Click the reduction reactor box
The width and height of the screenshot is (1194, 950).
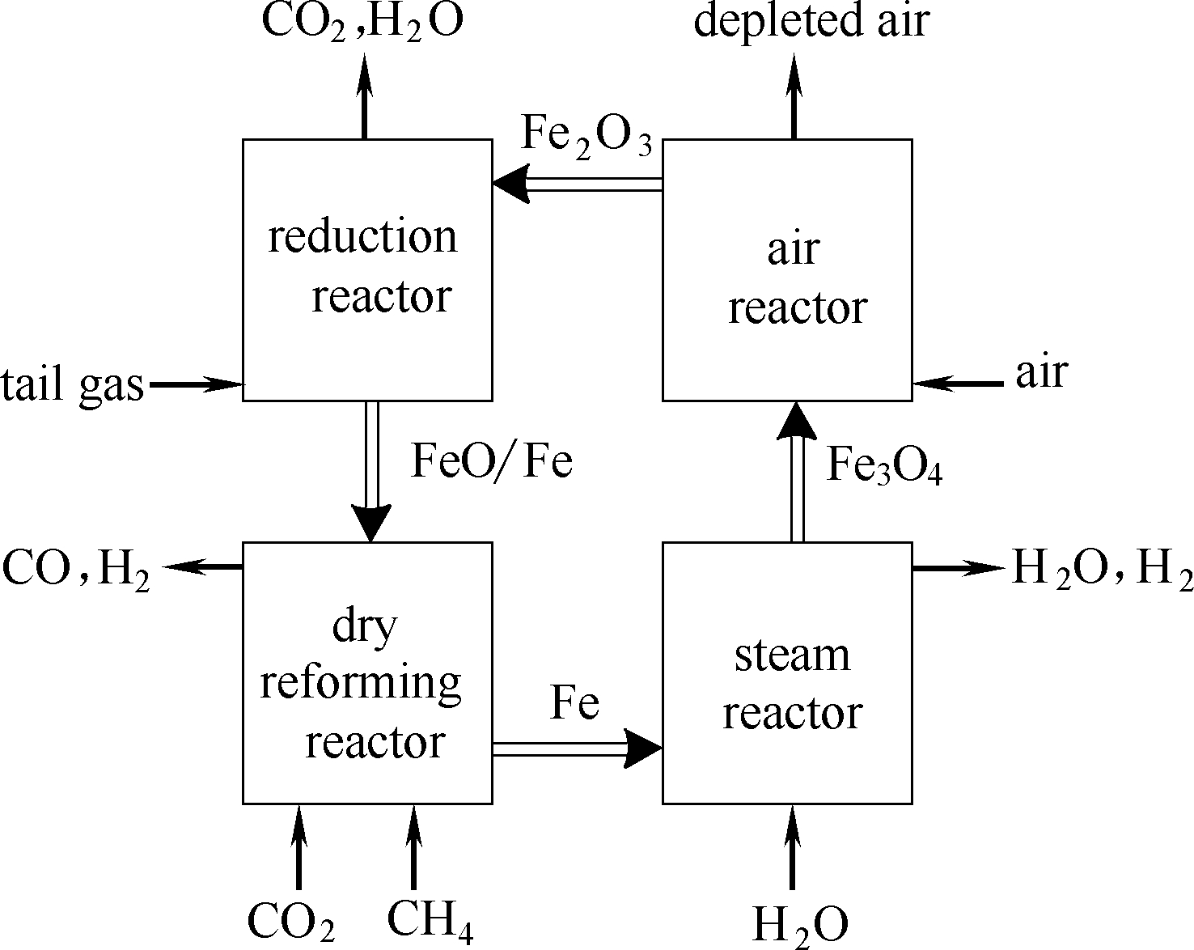coord(367,269)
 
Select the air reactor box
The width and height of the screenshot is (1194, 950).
coord(787,269)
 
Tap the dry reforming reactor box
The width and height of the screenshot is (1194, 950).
coord(367,672)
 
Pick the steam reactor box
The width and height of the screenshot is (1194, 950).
coord(787,672)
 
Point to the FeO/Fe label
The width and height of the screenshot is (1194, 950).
coord(492,462)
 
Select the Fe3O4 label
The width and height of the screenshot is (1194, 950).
coord(884,467)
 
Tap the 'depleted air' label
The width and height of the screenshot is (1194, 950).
coord(811,21)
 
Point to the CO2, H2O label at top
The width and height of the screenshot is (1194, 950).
coord(362,23)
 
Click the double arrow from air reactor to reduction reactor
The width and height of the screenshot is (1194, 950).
coord(578,184)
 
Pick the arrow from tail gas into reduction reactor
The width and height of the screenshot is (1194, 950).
coord(197,384)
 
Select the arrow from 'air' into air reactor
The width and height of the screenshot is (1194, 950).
coord(958,384)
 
